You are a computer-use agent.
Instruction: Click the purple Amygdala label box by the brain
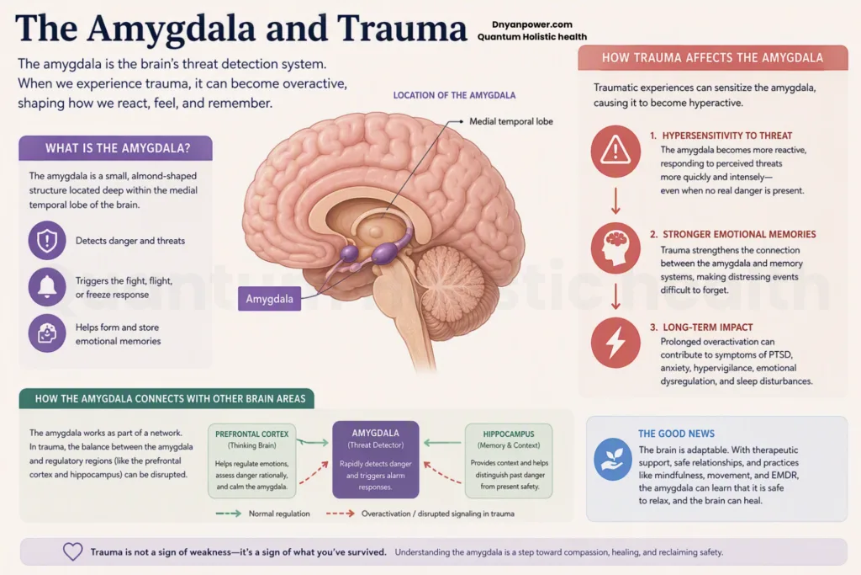click(269, 299)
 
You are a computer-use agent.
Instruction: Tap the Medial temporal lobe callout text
click(510, 121)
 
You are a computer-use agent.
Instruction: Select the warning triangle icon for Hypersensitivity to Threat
click(615, 152)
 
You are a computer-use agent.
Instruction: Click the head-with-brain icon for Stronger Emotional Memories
click(615, 248)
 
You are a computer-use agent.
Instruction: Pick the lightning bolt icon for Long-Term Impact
click(615, 343)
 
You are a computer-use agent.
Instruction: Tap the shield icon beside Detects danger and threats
click(47, 240)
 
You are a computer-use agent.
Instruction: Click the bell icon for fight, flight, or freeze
click(47, 287)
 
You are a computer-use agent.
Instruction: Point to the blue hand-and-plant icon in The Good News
click(613, 459)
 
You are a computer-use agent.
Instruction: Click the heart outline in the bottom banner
click(72, 551)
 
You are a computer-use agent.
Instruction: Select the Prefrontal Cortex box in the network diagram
click(252, 461)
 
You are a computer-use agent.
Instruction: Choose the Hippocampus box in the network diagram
click(509, 461)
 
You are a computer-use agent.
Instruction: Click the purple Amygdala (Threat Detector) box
click(376, 460)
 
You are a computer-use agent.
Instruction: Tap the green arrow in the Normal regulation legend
click(229, 514)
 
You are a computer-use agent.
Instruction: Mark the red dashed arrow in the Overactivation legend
click(341, 514)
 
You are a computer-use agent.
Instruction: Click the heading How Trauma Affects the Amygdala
click(713, 58)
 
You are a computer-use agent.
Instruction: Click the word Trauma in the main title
click(401, 28)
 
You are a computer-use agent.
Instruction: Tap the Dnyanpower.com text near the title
click(532, 24)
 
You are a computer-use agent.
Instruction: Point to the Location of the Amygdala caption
click(454, 95)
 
